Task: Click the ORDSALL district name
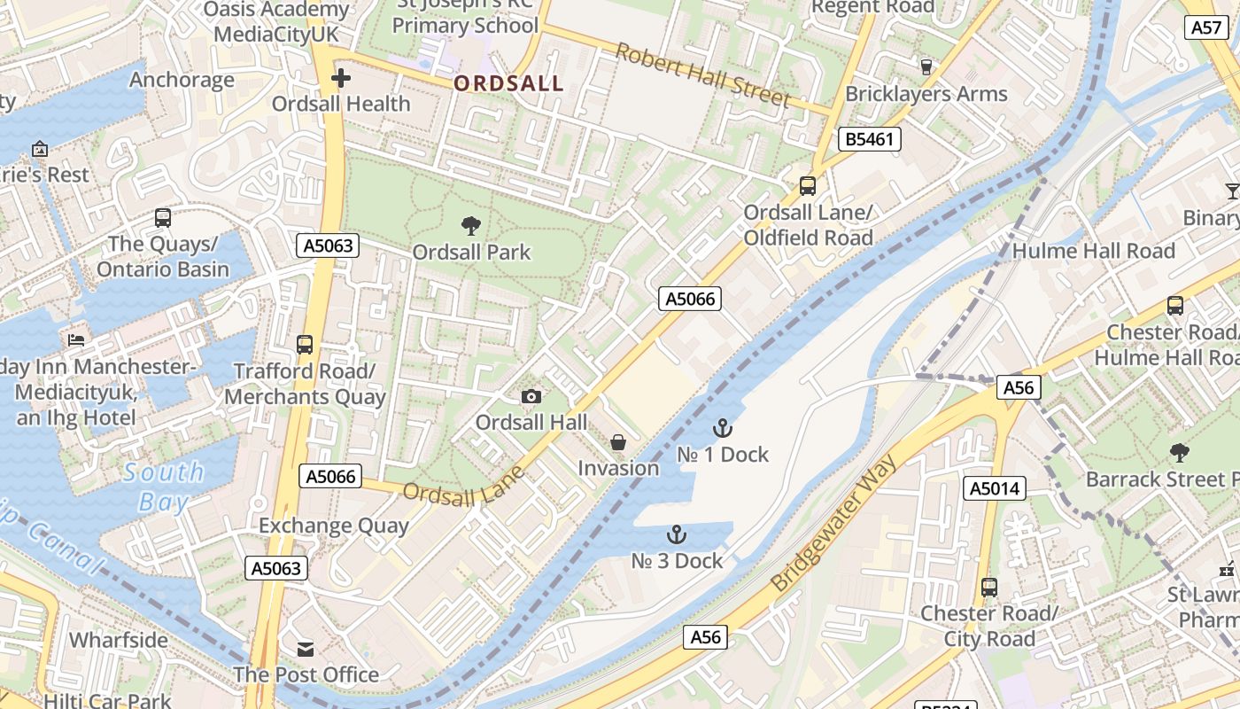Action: point(508,83)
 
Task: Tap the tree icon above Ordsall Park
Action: point(471,226)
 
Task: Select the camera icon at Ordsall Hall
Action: point(531,396)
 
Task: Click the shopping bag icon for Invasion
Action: point(618,441)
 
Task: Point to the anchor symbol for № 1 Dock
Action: point(723,428)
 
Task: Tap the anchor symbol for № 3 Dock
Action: point(677,534)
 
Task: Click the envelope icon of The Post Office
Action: point(306,650)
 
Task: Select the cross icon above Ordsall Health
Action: point(341,79)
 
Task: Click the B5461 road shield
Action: point(870,139)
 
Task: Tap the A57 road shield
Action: point(1207,27)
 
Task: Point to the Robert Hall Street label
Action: point(702,74)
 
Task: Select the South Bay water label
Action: point(164,487)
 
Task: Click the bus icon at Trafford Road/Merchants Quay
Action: point(305,344)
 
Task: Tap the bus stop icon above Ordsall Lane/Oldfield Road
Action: point(808,186)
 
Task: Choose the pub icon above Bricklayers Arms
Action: point(926,66)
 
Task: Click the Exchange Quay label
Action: point(334,526)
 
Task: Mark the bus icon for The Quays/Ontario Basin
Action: point(163,218)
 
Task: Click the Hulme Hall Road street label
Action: point(1093,251)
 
